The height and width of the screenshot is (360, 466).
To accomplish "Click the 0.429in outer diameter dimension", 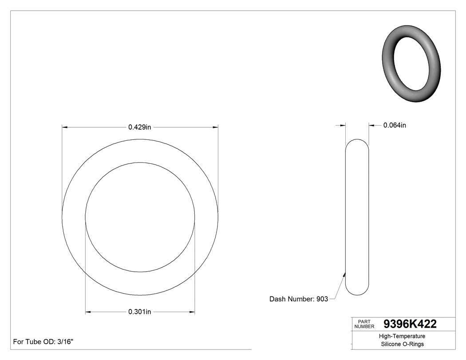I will click(140, 127).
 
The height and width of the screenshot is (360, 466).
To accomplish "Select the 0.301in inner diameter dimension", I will click(140, 312).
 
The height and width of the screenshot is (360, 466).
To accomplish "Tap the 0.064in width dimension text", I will click(395, 125).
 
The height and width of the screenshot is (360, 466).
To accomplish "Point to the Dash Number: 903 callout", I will click(299, 299).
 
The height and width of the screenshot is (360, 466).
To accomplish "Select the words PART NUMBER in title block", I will click(363, 324).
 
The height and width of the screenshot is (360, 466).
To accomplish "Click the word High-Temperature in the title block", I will click(402, 336).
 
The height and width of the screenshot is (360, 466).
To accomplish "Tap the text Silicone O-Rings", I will click(402, 344).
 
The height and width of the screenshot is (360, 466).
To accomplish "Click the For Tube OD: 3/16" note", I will click(43, 342).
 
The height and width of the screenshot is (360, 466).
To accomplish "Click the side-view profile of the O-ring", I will click(357, 217).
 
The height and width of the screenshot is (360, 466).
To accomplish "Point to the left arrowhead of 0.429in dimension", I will click(65, 127).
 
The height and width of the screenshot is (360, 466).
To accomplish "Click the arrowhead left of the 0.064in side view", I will click(342, 125).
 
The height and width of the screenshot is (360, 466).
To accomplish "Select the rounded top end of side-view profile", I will click(357, 143).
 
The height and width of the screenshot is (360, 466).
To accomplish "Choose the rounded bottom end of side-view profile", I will click(357, 291).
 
